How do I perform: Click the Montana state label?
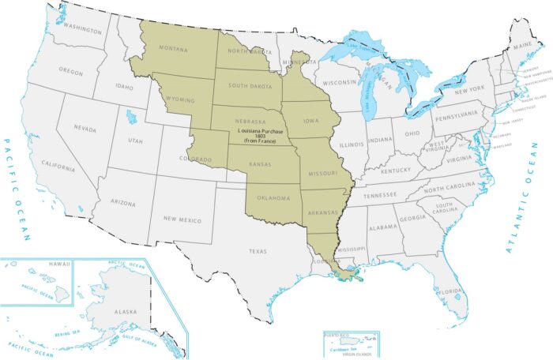pos(173,49)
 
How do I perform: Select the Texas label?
pos(258,251)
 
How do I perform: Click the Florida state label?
pos(450,291)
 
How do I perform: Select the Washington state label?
pos(83,31)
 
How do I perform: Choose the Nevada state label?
pos(85,127)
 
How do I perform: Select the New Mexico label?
pos(181,219)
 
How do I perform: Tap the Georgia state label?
pos(412,219)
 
